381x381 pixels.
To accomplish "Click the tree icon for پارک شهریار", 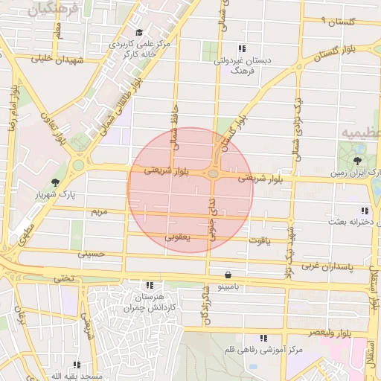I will pos(55,182).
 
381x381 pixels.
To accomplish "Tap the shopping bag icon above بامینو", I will pos(227,275).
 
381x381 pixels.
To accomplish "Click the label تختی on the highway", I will pos(63,278).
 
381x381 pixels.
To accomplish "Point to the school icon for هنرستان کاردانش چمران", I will pos(150,285).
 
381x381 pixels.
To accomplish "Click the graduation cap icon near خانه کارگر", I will pos(140,32).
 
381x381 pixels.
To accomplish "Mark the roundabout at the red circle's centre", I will pos(214,173).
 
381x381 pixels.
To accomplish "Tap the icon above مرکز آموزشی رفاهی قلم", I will pos(260,338).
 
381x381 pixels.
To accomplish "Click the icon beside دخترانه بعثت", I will pos(364,211).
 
